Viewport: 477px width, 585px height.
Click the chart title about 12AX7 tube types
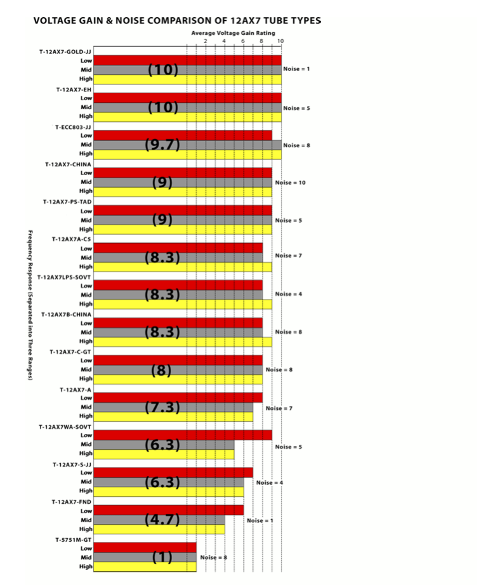pos(177,20)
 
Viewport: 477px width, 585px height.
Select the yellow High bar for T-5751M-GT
pos(145,567)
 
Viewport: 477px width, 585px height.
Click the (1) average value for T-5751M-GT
pos(163,558)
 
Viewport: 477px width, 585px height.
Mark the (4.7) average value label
pos(163,520)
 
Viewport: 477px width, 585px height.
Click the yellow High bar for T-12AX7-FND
pos(159,529)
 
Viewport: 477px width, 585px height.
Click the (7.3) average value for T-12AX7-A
pos(163,407)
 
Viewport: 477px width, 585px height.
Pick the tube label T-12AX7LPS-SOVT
pos(65,277)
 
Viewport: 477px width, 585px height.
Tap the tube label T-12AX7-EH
pos(74,89)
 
